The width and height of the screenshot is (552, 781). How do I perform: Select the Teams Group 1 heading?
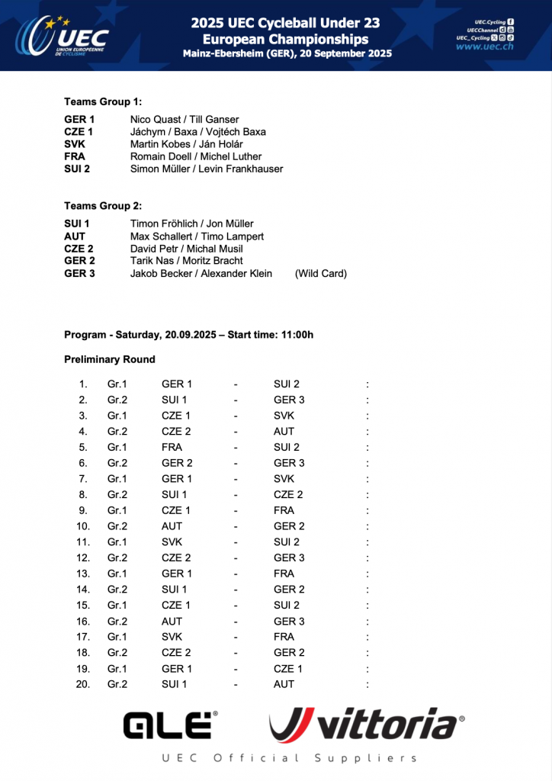pyautogui.click(x=103, y=101)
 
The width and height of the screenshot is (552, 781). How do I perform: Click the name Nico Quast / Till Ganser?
pyautogui.click(x=185, y=120)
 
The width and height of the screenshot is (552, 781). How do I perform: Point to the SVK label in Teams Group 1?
pyautogui.click(x=75, y=144)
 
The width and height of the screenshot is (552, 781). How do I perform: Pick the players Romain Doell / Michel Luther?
pyautogui.click(x=196, y=156)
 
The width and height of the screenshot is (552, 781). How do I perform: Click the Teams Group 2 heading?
pyautogui.click(x=103, y=206)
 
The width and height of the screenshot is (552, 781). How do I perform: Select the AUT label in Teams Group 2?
pyautogui.click(x=75, y=236)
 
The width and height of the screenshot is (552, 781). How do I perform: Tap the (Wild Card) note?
pyautogui.click(x=321, y=273)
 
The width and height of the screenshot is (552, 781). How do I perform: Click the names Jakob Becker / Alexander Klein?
pyautogui.click(x=201, y=273)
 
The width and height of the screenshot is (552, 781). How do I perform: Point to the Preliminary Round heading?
pyautogui.click(x=110, y=359)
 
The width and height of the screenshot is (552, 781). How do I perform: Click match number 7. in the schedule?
pyautogui.click(x=83, y=479)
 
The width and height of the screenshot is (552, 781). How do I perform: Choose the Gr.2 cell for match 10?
pyautogui.click(x=117, y=526)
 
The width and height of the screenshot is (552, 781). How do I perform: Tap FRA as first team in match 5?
pyautogui.click(x=172, y=447)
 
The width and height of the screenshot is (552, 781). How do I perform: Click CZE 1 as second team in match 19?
pyautogui.click(x=288, y=669)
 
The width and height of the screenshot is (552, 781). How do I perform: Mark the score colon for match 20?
pyautogui.click(x=367, y=684)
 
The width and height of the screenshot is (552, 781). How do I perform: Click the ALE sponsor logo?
pyautogui.click(x=170, y=725)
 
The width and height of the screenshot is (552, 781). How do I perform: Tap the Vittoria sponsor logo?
pyautogui.click(x=367, y=725)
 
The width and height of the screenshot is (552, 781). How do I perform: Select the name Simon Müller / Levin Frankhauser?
pyautogui.click(x=207, y=169)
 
